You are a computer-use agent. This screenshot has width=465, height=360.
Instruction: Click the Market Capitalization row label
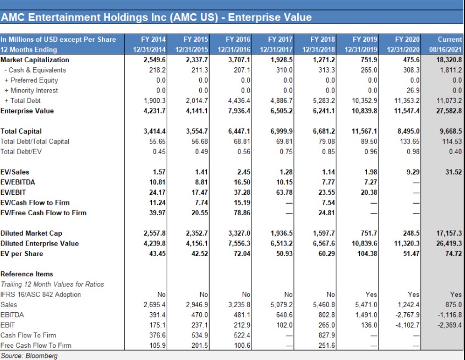coord(35,60)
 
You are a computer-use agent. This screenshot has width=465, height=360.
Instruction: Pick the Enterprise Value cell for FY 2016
coord(239,111)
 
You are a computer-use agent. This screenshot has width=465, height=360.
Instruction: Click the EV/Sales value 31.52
coord(453,172)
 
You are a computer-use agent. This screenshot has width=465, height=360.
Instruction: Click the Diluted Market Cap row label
coord(31,233)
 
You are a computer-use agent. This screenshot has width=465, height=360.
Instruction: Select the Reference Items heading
coord(27,274)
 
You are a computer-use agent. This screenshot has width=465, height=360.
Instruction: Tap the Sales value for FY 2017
coord(282,304)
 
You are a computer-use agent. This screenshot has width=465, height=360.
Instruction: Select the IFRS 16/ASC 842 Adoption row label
coord(41,294)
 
